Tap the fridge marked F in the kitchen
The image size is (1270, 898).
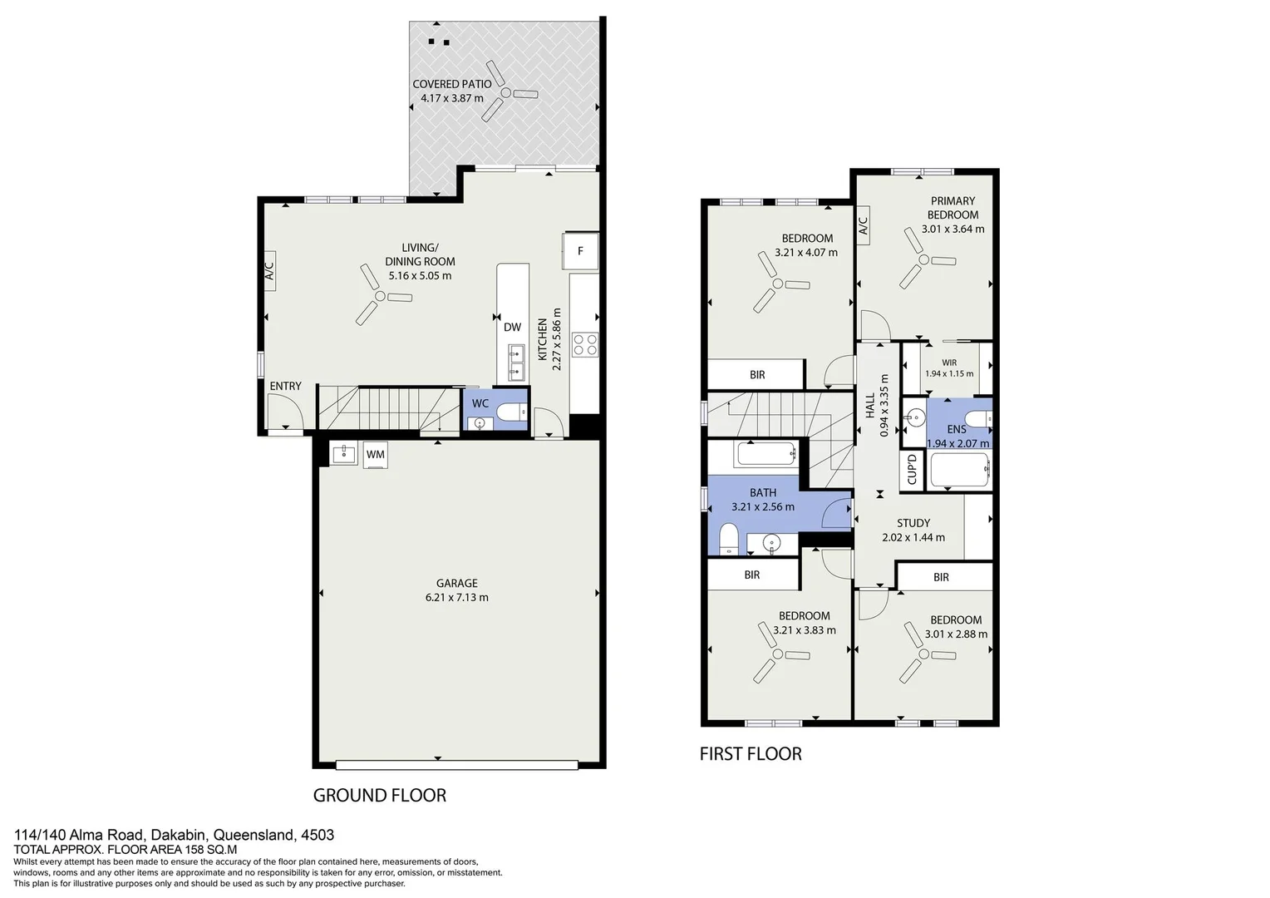click(x=580, y=251)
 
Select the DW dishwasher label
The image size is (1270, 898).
click(x=512, y=328)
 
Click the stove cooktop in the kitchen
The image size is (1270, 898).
click(x=585, y=344)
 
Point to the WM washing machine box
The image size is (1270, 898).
click(x=375, y=454)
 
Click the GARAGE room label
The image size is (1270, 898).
click(x=457, y=583)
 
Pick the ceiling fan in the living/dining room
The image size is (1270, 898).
click(x=379, y=295)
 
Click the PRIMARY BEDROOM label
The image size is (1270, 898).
click(x=952, y=208)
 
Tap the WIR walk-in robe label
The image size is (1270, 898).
click(x=949, y=363)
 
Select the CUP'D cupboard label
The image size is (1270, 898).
click(x=912, y=469)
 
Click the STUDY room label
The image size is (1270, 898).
click(x=913, y=523)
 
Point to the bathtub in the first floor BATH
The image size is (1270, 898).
click(x=765, y=455)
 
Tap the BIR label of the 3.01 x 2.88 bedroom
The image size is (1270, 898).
click(x=941, y=577)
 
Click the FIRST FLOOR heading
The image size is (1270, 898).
click(x=750, y=754)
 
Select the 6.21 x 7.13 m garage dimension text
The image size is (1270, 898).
click(x=456, y=597)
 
